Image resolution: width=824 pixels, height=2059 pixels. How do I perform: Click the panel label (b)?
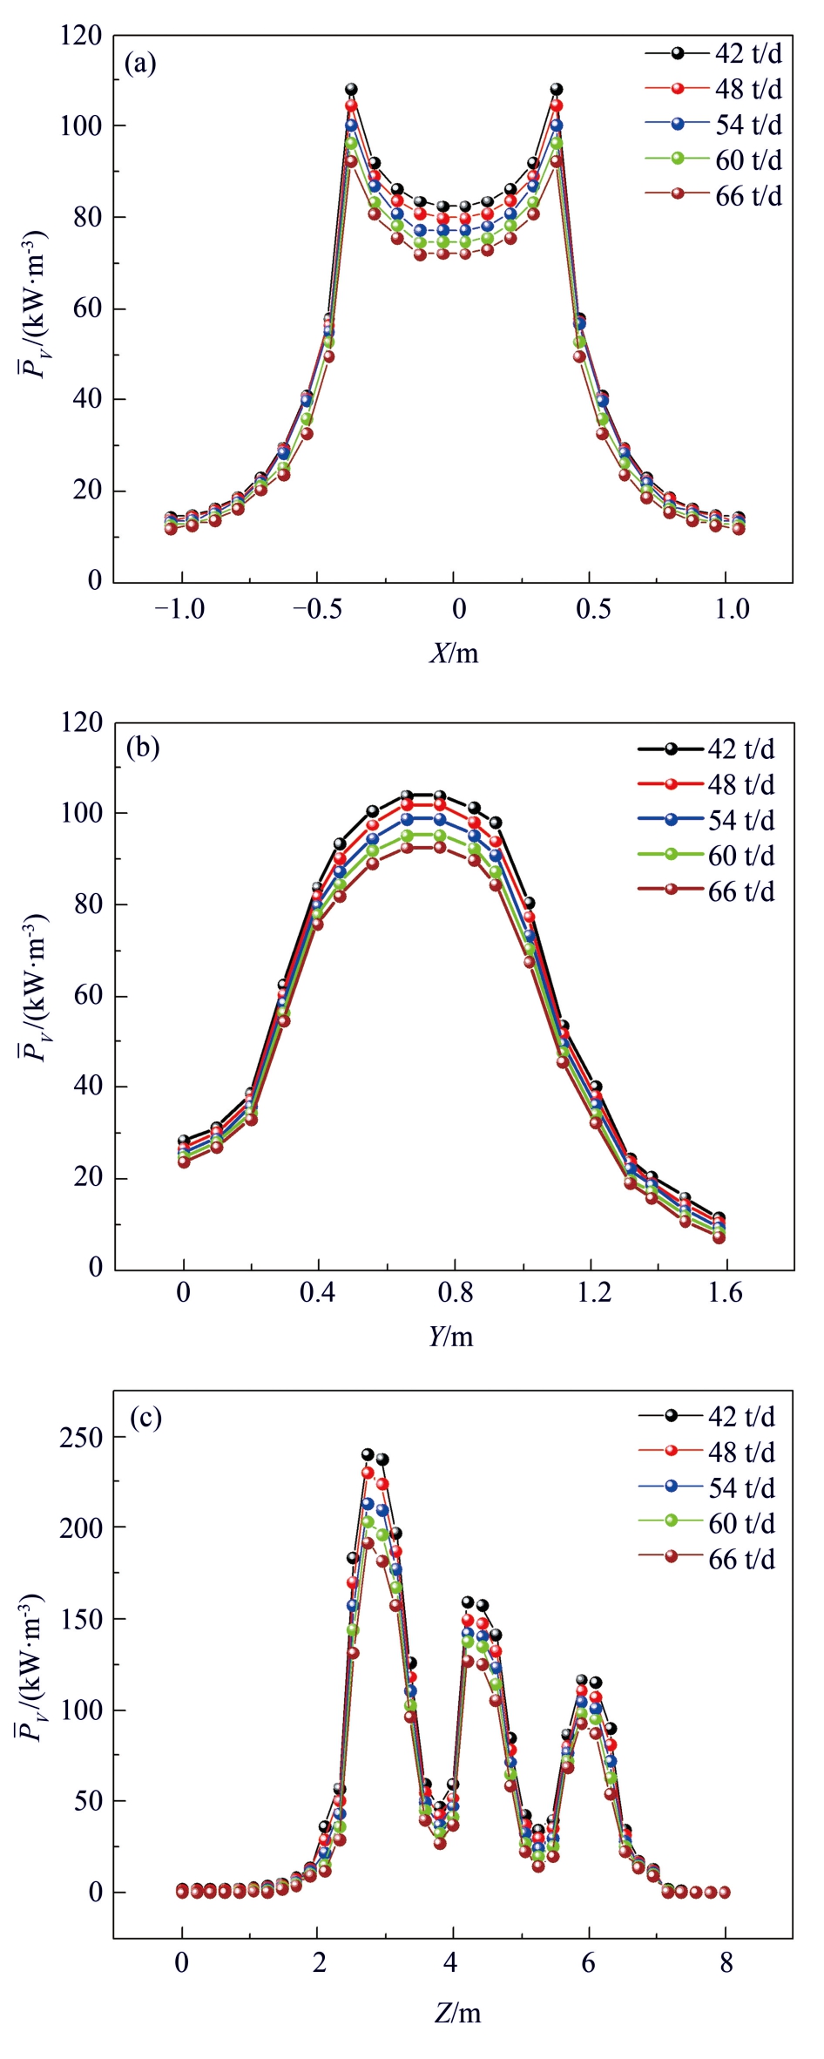pyautogui.click(x=143, y=748)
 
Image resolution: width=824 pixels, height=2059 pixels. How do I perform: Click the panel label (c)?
pyautogui.click(x=145, y=1418)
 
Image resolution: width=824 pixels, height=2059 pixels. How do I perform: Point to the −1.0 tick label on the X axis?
pyautogui.click(x=179, y=609)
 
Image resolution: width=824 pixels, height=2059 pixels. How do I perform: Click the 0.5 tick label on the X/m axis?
pyautogui.click(x=593, y=609)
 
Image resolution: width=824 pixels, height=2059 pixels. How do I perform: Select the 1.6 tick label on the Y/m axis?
pyautogui.click(x=726, y=1293)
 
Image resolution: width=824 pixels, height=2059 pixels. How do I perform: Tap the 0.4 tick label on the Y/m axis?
pyautogui.click(x=318, y=1293)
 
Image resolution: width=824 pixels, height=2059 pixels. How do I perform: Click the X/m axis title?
pyautogui.click(x=454, y=653)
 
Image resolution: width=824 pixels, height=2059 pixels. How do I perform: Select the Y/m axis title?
pyautogui.click(x=451, y=1336)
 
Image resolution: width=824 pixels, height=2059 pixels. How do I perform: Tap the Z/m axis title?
pyautogui.click(x=457, y=2012)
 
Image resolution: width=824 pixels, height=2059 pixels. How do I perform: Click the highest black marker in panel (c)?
pyautogui.click(x=368, y=1454)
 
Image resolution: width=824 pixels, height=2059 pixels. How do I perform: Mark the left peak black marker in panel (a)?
pyautogui.click(x=351, y=89)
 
